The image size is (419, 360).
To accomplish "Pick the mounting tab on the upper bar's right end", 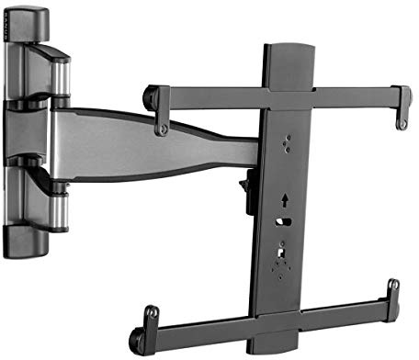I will point(402,114).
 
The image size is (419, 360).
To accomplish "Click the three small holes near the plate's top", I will point(287,142).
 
